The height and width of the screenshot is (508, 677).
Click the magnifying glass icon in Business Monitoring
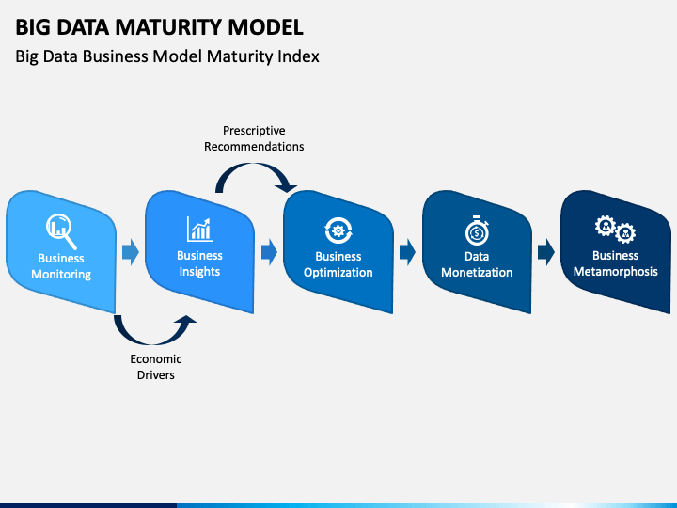(61, 231)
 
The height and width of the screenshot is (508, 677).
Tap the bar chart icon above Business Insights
(199, 229)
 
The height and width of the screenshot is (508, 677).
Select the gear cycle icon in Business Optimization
(338, 230)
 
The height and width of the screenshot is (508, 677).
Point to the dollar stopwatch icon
(477, 230)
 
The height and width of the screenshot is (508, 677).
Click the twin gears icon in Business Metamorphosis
(615, 230)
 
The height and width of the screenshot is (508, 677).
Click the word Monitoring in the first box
(61, 275)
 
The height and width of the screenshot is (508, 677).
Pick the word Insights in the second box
(199, 272)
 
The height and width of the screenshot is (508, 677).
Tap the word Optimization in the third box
(338, 273)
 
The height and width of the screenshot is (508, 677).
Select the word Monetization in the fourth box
(477, 273)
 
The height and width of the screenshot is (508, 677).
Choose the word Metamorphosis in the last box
(615, 272)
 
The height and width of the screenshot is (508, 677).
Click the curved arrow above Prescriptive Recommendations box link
(254, 166)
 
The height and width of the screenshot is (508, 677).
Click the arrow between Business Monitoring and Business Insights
(131, 252)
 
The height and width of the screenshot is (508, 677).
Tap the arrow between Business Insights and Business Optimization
(269, 252)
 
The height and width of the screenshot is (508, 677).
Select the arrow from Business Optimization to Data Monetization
(407, 252)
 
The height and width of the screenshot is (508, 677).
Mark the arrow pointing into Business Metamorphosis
(545, 252)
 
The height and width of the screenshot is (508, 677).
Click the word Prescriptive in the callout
(254, 131)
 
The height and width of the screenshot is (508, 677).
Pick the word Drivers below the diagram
(156, 374)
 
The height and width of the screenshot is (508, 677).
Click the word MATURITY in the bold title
(169, 27)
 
